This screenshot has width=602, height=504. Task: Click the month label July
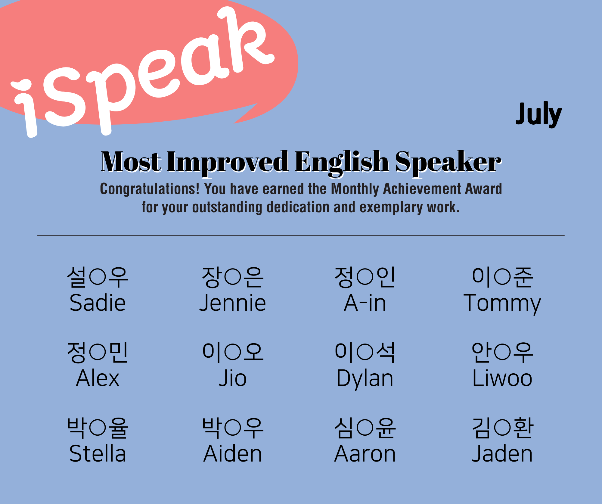[538, 114]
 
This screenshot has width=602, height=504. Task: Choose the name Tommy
[502, 304]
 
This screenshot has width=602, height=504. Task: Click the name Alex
[98, 378]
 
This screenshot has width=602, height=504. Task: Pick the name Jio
[233, 378]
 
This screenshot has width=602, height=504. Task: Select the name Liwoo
[502, 378]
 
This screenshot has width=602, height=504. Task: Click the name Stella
[98, 453]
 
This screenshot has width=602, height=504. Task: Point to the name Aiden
[233, 453]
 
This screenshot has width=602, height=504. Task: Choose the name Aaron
[365, 453]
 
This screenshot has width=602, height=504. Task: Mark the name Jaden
[502, 453]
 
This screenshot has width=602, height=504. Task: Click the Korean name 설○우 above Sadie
[98, 277]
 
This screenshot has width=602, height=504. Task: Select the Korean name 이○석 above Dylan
[365, 353]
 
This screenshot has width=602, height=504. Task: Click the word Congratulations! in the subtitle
[150, 189]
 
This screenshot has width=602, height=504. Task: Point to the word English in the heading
[341, 163]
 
